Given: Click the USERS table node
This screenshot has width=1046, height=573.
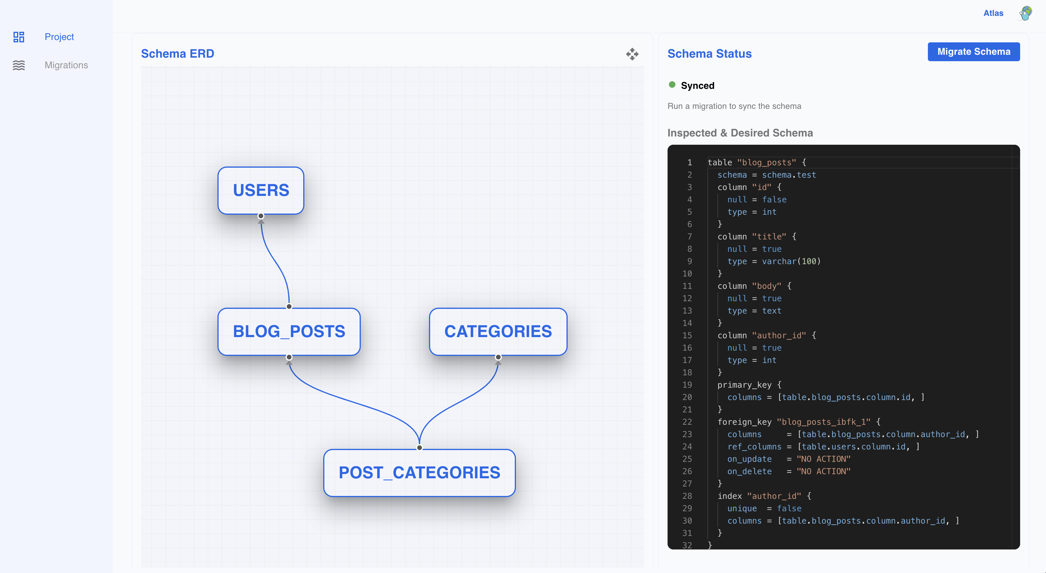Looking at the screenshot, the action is (261, 190).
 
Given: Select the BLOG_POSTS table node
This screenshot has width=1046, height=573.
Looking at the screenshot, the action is (289, 331).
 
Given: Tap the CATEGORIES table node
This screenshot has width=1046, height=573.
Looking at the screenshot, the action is (498, 331).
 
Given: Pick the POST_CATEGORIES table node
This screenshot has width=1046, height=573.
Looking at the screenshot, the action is (420, 473).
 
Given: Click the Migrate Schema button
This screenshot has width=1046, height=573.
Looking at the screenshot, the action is (974, 51).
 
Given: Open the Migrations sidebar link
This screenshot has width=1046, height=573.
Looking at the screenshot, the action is (66, 65).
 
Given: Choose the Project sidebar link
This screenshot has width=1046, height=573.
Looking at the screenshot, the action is (59, 36).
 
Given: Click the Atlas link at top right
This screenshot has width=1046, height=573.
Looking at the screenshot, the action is (993, 13).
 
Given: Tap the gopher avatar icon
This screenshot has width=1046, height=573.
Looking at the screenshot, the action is (1026, 13).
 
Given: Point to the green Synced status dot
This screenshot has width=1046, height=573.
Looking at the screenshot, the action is (672, 84).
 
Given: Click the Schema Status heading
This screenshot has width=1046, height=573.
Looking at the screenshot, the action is (709, 54).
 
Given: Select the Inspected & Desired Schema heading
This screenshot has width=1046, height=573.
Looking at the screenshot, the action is (740, 133).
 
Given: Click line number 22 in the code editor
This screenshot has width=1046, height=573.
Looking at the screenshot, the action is (687, 422).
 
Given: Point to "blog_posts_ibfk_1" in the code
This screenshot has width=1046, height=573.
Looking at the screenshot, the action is (824, 422).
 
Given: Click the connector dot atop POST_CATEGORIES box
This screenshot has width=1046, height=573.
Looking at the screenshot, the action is (420, 447).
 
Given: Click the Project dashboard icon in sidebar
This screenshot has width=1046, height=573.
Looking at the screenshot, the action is (19, 37).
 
